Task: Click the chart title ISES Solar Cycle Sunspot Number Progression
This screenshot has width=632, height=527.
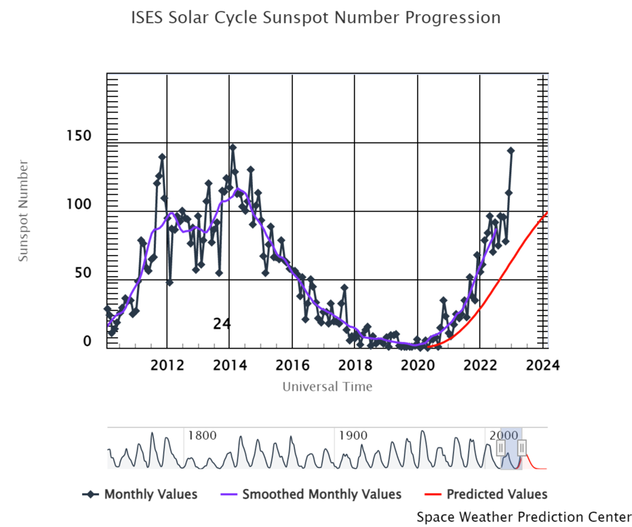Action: coord(316,18)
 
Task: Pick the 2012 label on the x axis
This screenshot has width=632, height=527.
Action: coord(167,365)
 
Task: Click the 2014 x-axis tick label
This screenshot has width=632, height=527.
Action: coord(230,365)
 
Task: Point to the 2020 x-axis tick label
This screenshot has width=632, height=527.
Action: coord(418,365)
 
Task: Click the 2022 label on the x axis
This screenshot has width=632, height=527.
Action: coord(480,365)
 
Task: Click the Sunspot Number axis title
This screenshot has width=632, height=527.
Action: coord(24,211)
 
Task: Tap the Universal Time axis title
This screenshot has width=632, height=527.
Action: coord(327,386)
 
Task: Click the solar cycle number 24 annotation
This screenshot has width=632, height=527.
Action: coord(222,324)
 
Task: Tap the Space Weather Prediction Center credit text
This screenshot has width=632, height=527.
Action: coord(524,517)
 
